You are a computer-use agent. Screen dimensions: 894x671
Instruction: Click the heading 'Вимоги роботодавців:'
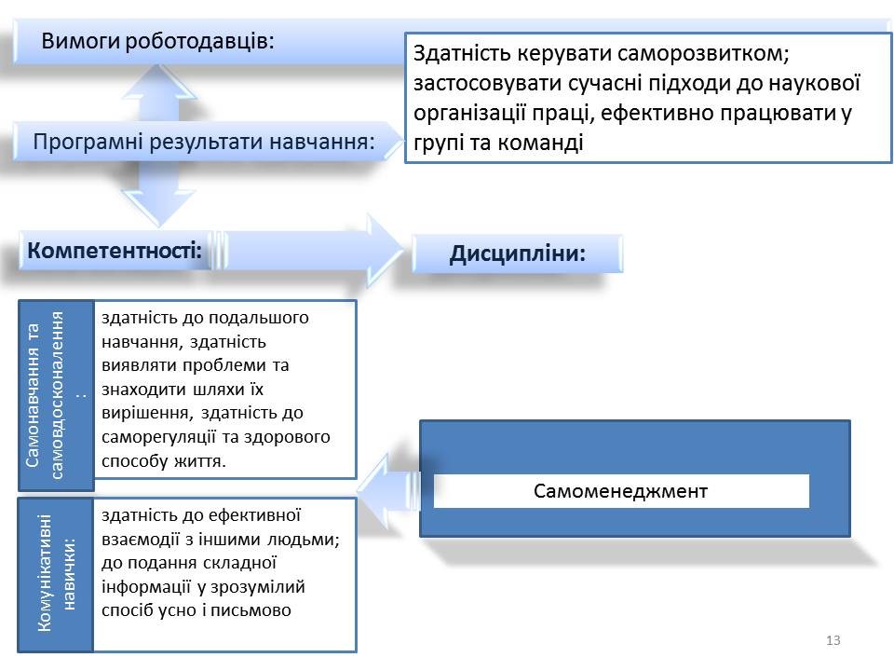coord(158,41)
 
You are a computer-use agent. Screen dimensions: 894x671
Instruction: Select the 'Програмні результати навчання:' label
coord(204,142)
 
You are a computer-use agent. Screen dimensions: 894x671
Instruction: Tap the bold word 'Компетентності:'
coord(115,250)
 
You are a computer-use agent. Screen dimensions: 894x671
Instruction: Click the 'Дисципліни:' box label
coord(517,253)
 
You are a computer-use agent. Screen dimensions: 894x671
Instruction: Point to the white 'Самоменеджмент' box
coord(621,491)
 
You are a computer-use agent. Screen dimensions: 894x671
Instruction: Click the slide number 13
coord(833,640)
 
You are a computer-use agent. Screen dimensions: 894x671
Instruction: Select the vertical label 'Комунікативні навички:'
coord(55,574)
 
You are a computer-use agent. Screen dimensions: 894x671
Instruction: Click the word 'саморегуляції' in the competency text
coord(158,437)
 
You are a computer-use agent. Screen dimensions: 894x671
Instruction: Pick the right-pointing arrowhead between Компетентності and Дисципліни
coord(385,251)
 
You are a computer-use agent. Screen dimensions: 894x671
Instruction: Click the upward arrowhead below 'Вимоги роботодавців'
coord(159,82)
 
